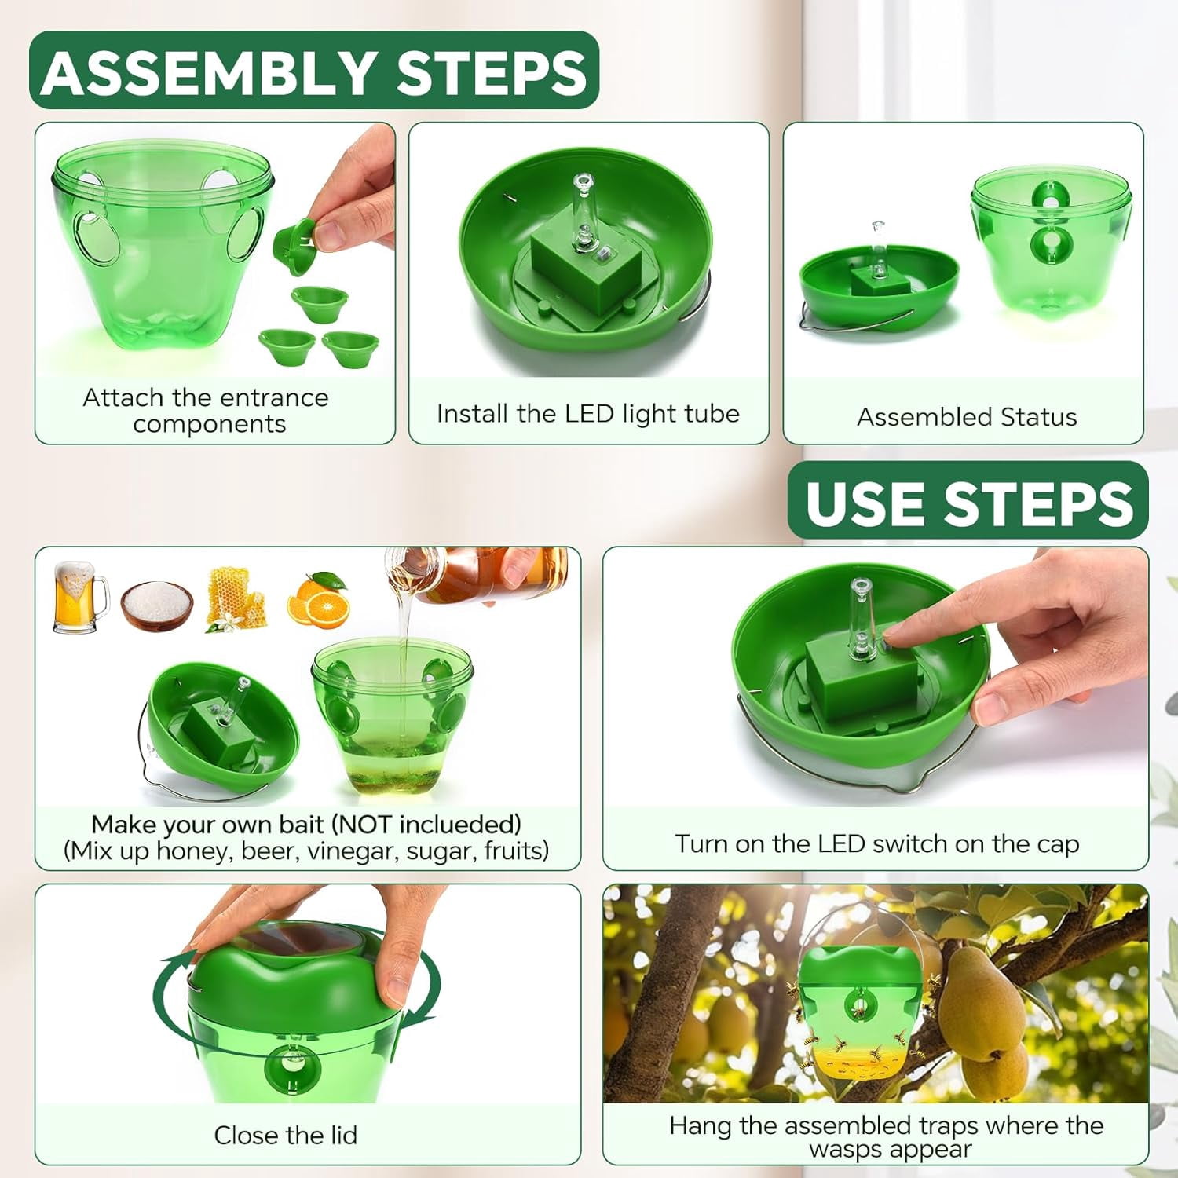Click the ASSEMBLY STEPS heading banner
314,70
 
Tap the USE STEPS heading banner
968,501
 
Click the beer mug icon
79,598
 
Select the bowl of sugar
157,605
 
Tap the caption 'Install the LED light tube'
588,414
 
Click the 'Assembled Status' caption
967,416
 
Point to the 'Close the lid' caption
286,1135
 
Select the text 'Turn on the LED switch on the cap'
876,843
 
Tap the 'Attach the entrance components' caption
206,410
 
